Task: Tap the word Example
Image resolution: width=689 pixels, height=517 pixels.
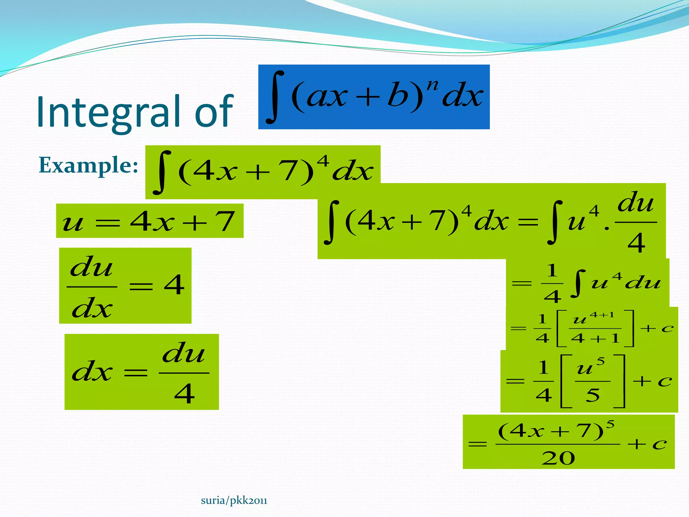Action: pyautogui.click(x=88, y=165)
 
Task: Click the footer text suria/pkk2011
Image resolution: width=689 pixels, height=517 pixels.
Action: pyautogui.click(x=234, y=501)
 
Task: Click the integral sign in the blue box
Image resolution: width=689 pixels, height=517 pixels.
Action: pyautogui.click(x=275, y=97)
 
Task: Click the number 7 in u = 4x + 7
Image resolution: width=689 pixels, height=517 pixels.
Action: pyautogui.click(x=225, y=221)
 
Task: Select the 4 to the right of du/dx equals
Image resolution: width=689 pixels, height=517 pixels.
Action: pyautogui.click(x=174, y=285)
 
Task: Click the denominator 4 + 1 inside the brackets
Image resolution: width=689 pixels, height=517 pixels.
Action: pyautogui.click(x=595, y=338)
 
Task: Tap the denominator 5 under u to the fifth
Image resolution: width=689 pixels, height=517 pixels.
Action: pyautogui.click(x=592, y=395)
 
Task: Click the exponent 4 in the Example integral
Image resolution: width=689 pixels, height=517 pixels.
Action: pyautogui.click(x=323, y=161)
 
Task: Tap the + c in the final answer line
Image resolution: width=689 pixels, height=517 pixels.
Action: pyautogui.click(x=647, y=444)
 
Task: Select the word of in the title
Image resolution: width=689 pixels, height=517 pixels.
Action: pyautogui.click(x=214, y=112)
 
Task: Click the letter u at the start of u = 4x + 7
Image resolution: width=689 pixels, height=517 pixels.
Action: pyautogui.click(x=73, y=223)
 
